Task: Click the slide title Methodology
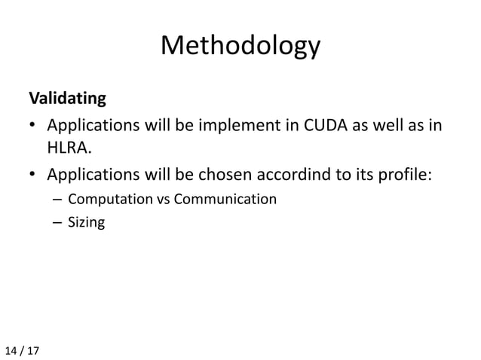240,47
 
